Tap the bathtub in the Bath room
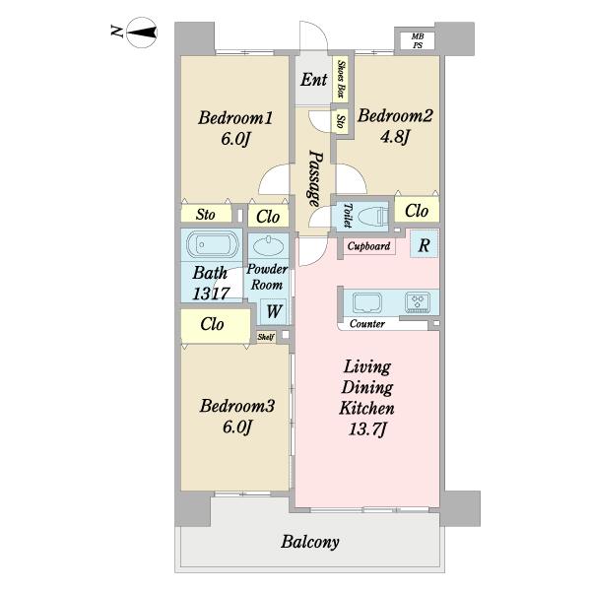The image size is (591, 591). point(213,244)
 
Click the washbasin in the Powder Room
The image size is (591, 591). point(268,245)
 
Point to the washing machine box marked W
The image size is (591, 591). point(274,311)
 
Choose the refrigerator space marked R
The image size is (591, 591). point(424,244)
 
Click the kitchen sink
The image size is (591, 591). point(367,303)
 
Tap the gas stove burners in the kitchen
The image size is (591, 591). point(418,302)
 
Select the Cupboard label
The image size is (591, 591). point(368,246)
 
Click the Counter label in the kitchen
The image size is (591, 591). point(367,324)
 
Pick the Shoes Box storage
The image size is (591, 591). point(341,79)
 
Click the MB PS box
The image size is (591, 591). point(418,40)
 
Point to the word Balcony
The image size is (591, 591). point(310,542)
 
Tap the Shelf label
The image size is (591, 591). point(266,337)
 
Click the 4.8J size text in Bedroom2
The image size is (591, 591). point(395,137)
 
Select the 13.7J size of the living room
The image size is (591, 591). point(367,428)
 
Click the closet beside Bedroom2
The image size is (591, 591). point(417,210)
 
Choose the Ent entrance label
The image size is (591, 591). point(313,80)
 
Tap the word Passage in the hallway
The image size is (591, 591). point(315,178)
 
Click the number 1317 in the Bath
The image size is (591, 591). point(211,294)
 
